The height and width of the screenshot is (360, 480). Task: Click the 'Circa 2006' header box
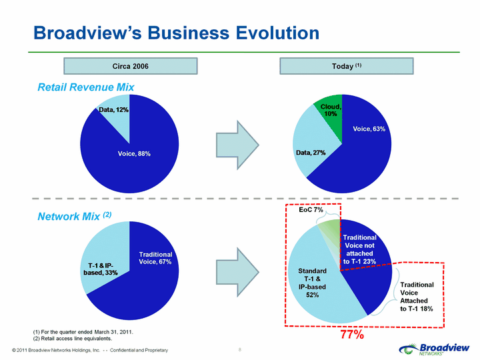coord(131,66)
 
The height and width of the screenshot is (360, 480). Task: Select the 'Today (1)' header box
coord(347,66)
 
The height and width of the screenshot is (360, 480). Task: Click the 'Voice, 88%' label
coord(134,154)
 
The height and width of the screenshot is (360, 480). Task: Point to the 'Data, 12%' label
coord(113,109)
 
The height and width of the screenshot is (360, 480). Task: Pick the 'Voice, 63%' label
coord(369,129)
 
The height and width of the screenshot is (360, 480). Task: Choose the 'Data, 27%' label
coord(311,153)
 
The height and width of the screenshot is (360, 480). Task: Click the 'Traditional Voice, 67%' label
coord(155,258)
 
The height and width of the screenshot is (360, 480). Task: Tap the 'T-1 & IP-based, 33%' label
coord(101,269)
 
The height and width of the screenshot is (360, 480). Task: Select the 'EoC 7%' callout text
coord(311,210)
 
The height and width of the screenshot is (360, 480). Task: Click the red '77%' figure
coord(353,335)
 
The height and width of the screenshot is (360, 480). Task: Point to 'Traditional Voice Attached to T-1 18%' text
coord(417,297)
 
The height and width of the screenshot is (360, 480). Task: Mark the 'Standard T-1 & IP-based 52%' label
coord(312,283)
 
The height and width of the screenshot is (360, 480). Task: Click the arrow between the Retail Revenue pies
coord(237,145)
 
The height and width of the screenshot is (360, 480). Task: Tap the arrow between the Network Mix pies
coord(237,272)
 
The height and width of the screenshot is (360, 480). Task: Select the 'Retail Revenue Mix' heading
coord(86,87)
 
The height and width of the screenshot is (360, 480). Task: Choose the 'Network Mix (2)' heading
coord(75,216)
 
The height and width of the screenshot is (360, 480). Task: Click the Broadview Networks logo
coord(434,349)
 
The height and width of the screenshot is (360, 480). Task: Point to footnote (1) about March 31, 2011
coord(83,332)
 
